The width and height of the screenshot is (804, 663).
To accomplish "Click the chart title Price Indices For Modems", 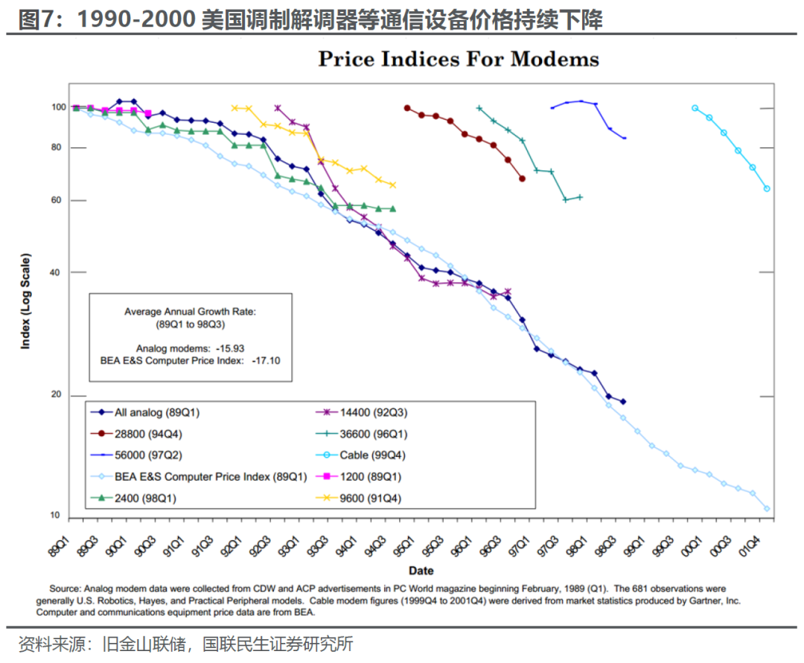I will pyautogui.click(x=458, y=59).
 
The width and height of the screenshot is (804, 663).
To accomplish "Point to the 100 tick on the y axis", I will pyautogui.click(x=59, y=107).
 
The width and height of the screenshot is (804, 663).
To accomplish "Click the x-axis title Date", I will pyautogui.click(x=421, y=571).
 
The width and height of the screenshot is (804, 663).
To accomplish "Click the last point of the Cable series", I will pyautogui.click(x=767, y=189).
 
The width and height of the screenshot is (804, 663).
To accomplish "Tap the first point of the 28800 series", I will pyautogui.click(x=407, y=108).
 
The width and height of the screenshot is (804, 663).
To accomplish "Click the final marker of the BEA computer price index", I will pyautogui.click(x=767, y=509).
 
